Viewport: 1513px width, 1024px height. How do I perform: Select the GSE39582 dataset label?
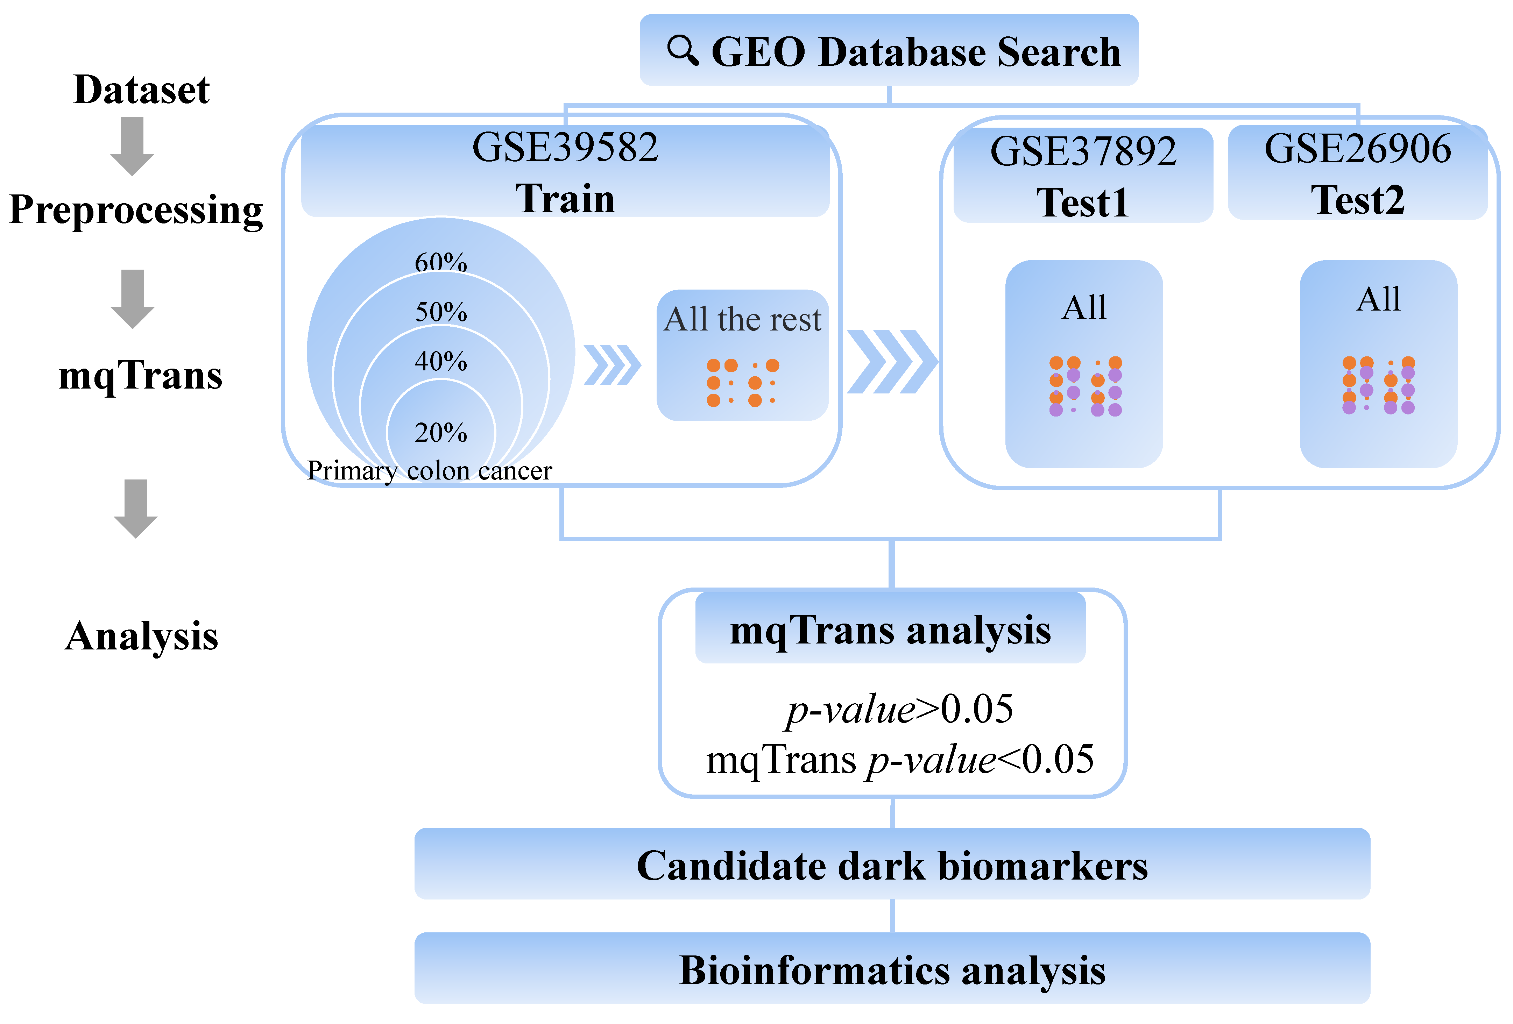(565, 148)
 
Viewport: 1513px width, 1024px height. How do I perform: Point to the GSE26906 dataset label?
(1357, 148)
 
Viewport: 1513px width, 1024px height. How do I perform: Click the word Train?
(565, 199)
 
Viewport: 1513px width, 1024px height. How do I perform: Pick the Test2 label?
(1357, 200)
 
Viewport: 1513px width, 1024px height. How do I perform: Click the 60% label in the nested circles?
(441, 262)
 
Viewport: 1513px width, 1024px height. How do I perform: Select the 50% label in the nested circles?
(441, 312)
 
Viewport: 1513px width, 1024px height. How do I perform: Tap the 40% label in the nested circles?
(441, 361)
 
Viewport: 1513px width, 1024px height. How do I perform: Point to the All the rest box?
(742, 355)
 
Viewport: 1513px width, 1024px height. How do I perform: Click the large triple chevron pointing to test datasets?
(892, 362)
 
